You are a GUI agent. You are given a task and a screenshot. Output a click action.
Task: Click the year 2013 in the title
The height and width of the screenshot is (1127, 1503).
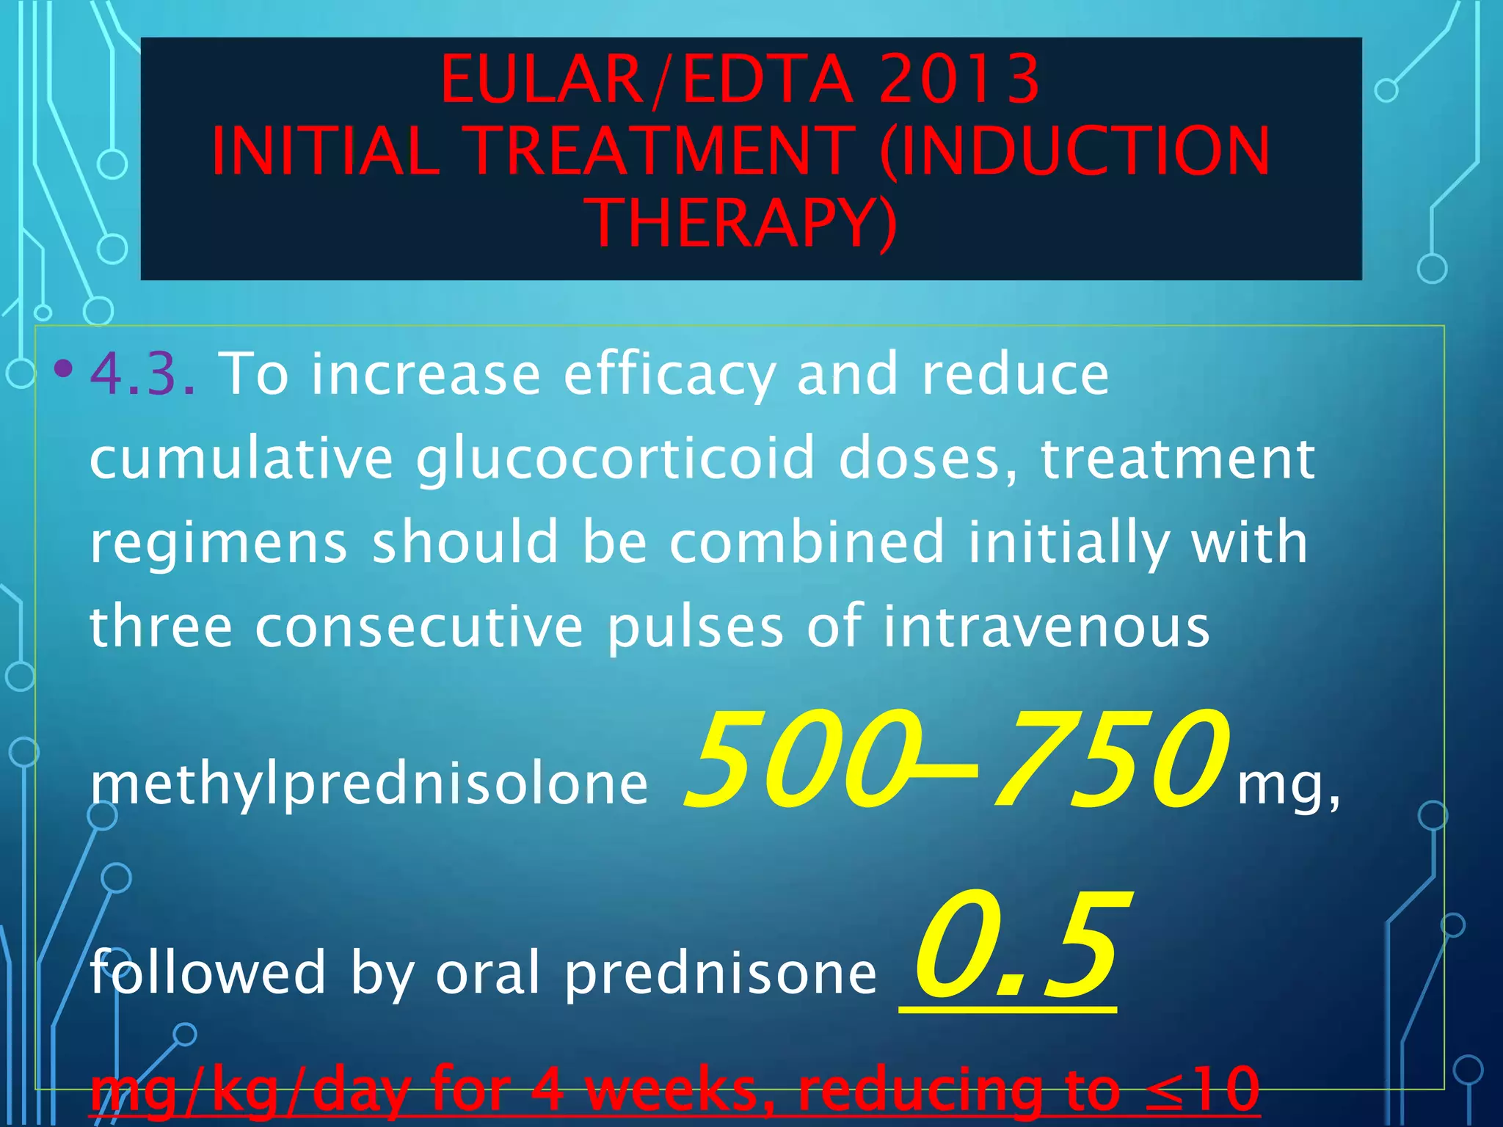959,79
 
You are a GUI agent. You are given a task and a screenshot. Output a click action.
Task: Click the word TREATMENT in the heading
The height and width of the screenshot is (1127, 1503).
661,151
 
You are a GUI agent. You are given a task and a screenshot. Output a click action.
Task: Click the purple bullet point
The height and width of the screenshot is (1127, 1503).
64,368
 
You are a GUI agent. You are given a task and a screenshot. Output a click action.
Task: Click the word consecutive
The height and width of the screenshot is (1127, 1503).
419,627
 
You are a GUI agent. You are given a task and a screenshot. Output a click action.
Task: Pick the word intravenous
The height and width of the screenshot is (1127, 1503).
1045,627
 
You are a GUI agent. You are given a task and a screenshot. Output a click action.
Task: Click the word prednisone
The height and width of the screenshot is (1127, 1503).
721,974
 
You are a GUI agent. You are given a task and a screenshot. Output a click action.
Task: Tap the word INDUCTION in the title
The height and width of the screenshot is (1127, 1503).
1074,151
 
